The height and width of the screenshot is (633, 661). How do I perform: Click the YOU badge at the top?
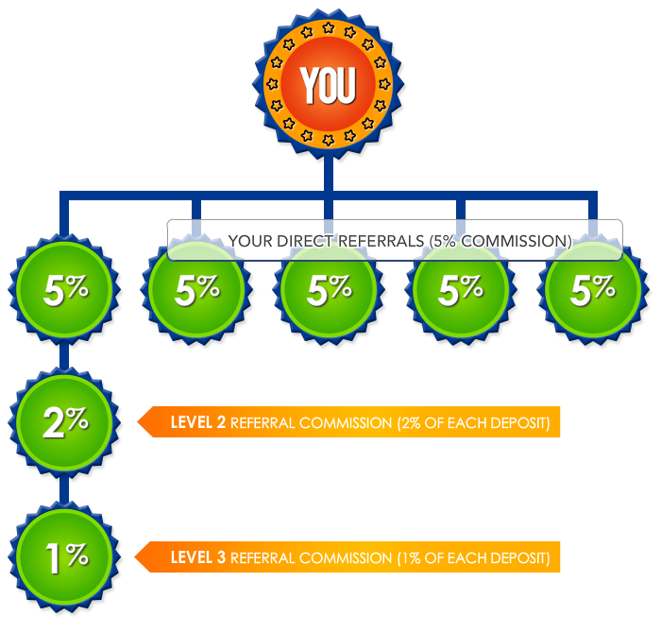[328, 84]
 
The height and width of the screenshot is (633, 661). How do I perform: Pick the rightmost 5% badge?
[593, 291]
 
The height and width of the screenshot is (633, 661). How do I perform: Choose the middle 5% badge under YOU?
[329, 291]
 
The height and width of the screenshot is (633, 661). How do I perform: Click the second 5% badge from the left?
[196, 291]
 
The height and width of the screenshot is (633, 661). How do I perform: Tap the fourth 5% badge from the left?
[461, 291]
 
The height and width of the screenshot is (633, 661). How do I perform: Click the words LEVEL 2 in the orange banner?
[197, 422]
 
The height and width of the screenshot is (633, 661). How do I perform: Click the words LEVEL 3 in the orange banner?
[197, 557]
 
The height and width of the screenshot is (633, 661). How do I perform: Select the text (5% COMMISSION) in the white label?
[500, 241]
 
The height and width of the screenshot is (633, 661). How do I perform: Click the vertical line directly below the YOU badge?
[328, 175]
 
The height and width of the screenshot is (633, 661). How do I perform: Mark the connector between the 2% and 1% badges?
[63, 488]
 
